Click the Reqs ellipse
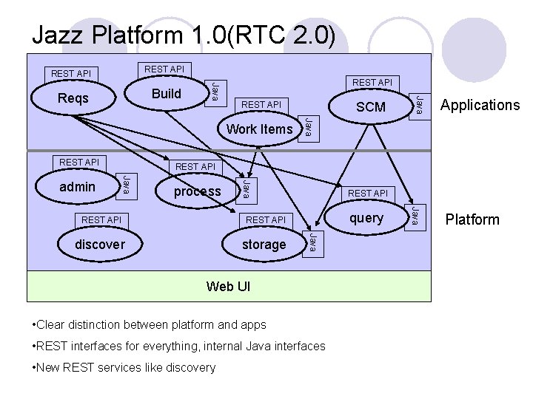pyautogui.click(x=73, y=98)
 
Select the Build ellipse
pyautogui.click(x=166, y=94)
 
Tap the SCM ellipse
pyautogui.click(x=371, y=107)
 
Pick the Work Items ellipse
pyautogui.click(x=259, y=129)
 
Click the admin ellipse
pyautogui.click(x=77, y=186)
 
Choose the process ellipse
pyautogui.click(x=198, y=191)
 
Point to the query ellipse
pyautogui.click(x=367, y=218)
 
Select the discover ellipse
pyautogui.click(x=100, y=244)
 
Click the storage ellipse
pyautogui.click(x=264, y=245)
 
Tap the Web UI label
pyautogui.click(x=228, y=286)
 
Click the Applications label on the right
pyautogui.click(x=480, y=105)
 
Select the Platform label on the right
pyautogui.click(x=472, y=219)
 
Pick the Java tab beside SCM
pyautogui.click(x=419, y=104)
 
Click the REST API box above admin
pyautogui.click(x=79, y=162)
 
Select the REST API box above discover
pyautogui.click(x=101, y=219)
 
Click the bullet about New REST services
pyautogui.click(x=124, y=367)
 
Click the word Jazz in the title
pyautogui.click(x=60, y=35)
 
